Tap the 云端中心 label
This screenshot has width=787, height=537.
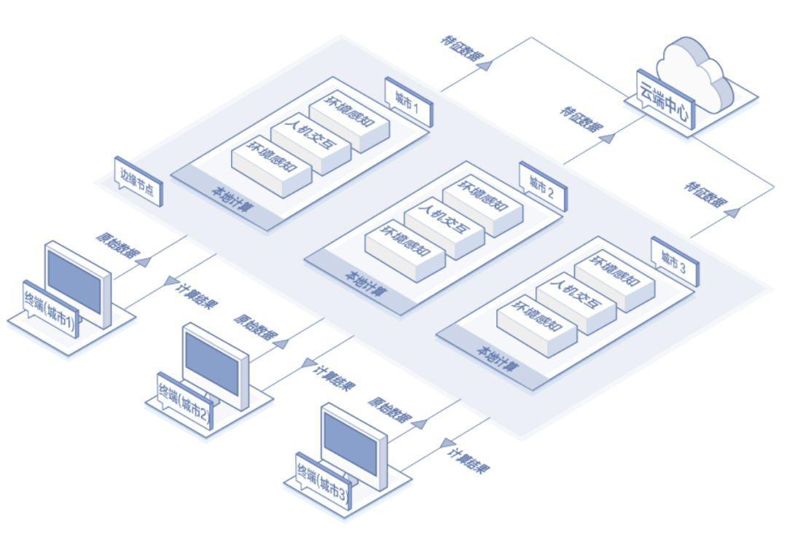coord(665,101)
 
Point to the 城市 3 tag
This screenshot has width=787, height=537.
coord(673,262)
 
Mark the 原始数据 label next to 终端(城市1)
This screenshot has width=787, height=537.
coord(114,246)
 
